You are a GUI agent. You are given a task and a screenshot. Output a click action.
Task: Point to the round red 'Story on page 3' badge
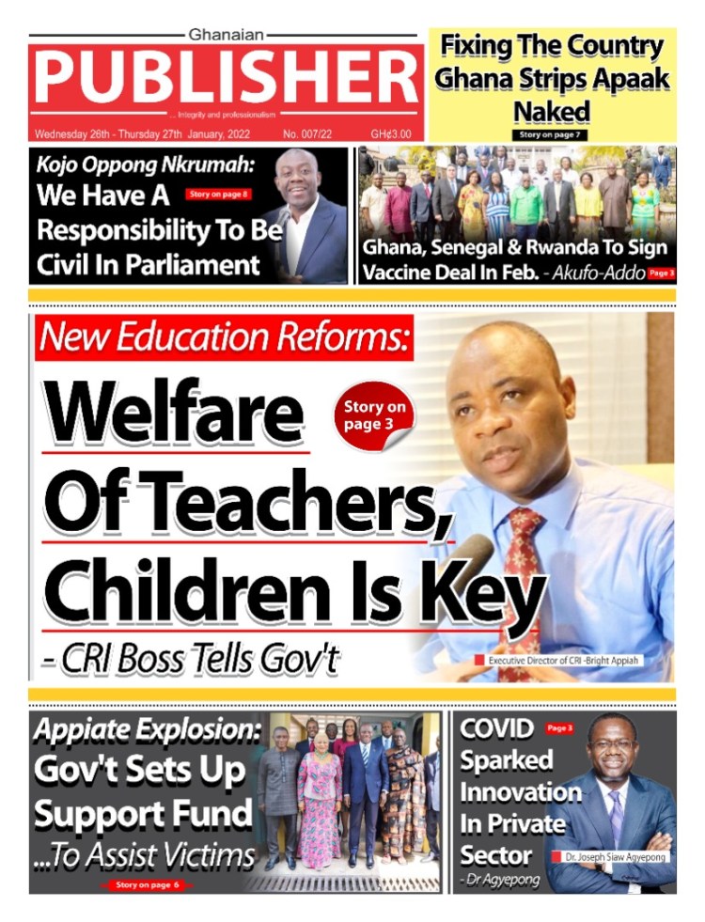click(x=374, y=414)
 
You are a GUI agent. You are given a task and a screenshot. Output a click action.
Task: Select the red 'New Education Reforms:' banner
click(x=225, y=337)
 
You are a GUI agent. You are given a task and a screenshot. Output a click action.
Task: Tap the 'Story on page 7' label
click(x=553, y=135)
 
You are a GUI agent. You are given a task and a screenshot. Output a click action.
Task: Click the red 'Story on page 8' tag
click(x=218, y=195)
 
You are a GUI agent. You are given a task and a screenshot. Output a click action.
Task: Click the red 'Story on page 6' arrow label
click(x=147, y=884)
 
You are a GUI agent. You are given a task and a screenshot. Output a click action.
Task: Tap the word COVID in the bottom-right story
click(x=496, y=729)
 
